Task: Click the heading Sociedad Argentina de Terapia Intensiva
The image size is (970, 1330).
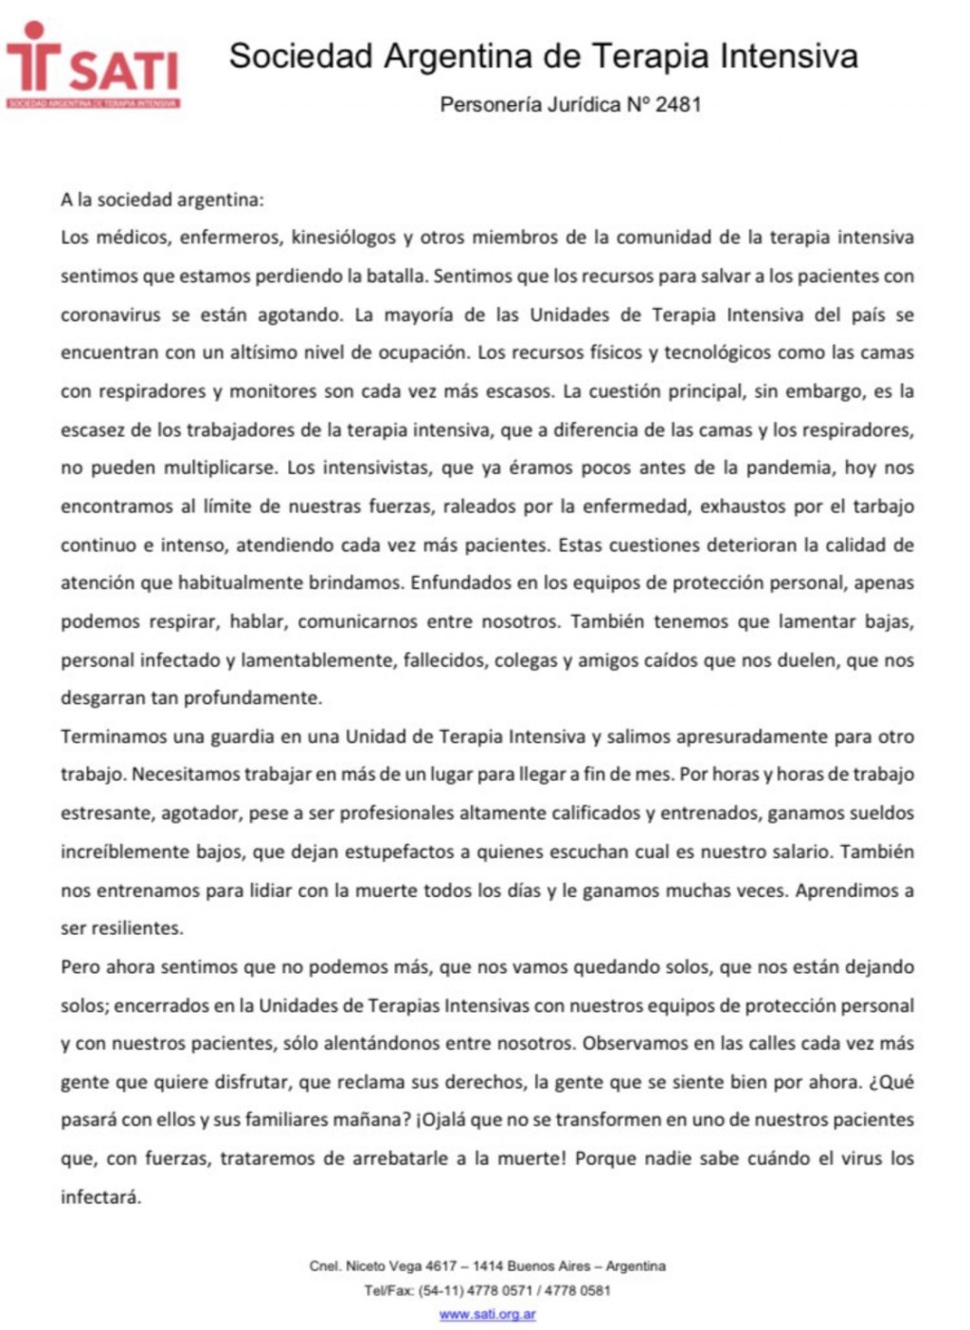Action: [543, 57]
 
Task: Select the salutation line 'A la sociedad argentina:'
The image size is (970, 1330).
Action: [162, 200]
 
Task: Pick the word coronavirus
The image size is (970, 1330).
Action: [110, 315]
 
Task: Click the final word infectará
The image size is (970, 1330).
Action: [100, 1196]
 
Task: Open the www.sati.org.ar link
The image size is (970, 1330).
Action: [487, 1315]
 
